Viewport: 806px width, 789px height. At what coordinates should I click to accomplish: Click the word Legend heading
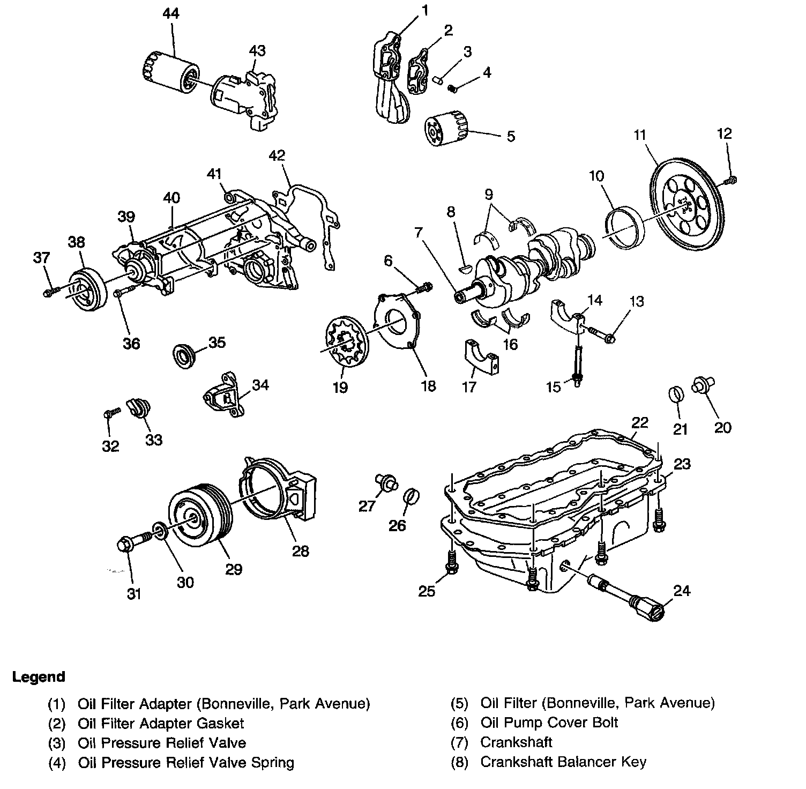39,676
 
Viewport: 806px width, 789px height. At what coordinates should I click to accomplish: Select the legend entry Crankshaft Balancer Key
563,762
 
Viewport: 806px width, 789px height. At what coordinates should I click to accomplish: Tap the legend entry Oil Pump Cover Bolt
549,723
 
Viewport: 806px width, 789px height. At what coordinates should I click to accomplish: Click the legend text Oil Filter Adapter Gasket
161,723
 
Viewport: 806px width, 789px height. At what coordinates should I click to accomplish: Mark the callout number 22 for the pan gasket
639,422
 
